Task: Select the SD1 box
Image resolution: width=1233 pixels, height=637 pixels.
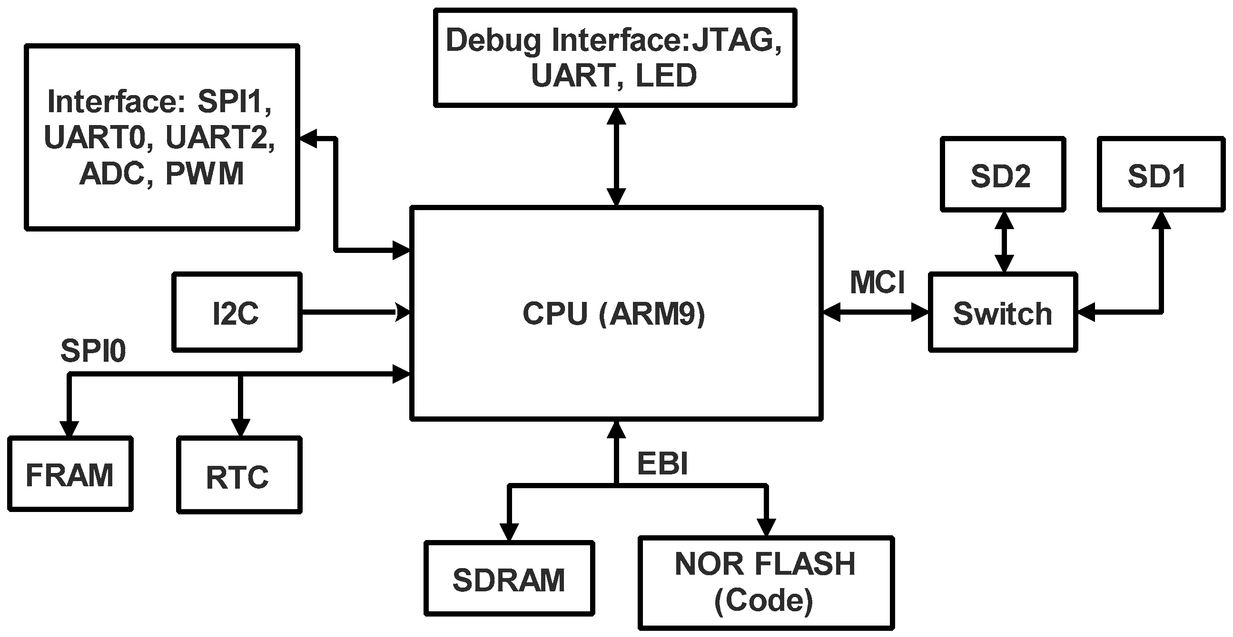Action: tap(1160, 175)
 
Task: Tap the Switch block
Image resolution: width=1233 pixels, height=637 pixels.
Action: tap(1002, 313)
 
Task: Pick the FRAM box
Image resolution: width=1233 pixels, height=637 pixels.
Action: tap(70, 474)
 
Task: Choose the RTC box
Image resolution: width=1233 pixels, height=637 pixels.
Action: tap(239, 475)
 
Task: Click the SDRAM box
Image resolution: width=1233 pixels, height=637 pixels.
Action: tap(509, 579)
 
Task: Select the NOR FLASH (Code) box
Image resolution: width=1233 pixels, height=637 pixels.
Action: tap(765, 582)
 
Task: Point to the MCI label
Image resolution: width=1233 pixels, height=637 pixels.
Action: tap(877, 283)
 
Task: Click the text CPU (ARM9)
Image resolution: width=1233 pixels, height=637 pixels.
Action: tap(614, 314)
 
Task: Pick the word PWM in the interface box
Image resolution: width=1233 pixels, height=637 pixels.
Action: tap(204, 173)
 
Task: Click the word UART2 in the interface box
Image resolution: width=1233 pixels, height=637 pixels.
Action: tap(220, 137)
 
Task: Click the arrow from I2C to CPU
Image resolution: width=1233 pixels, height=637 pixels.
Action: tap(354, 312)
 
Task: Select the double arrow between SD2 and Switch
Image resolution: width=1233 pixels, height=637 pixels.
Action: tap(1004, 241)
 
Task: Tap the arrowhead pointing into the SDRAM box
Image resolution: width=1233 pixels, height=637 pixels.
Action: tap(509, 531)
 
